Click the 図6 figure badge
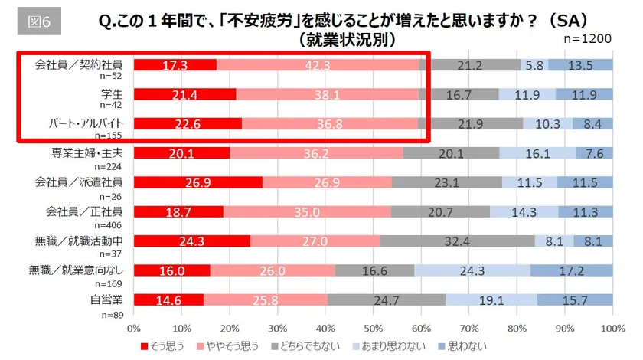point(38,21)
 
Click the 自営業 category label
point(110,298)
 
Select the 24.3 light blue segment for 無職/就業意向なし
point(472,270)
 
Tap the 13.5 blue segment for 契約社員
point(580,65)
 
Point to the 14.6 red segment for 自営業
point(168,299)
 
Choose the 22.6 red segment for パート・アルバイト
point(188,124)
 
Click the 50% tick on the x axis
point(373,328)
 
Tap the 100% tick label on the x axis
point(612,328)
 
